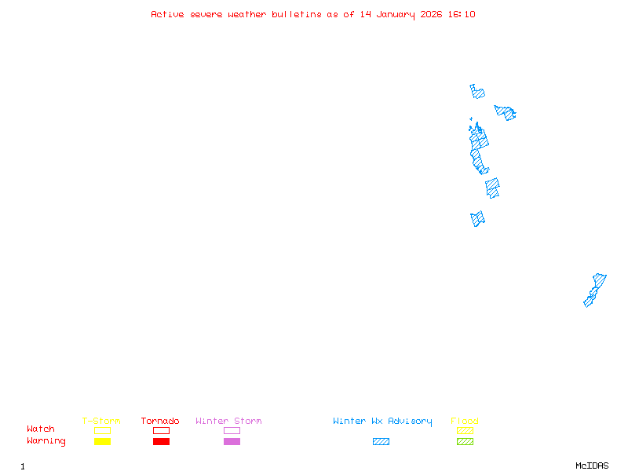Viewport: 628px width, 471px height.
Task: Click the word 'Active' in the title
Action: click(167, 14)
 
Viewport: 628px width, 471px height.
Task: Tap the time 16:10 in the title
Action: click(462, 14)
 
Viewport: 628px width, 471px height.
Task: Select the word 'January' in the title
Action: click(396, 15)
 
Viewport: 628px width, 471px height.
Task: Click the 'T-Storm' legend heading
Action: click(101, 421)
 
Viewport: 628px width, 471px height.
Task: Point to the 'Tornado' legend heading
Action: click(160, 421)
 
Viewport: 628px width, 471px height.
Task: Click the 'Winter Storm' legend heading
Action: click(228, 421)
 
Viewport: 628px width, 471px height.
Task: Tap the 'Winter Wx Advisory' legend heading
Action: click(382, 422)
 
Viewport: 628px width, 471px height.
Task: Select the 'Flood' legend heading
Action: click(465, 421)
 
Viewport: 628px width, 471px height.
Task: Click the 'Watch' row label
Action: click(41, 429)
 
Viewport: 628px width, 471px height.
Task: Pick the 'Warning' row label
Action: click(46, 441)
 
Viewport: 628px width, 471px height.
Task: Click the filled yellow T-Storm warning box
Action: click(103, 441)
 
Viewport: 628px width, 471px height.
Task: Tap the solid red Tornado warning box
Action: click(162, 441)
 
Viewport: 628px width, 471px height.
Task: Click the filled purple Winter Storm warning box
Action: click(232, 441)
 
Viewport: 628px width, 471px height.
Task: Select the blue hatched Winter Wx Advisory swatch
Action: click(381, 441)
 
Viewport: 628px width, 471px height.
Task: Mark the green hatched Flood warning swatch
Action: click(465, 441)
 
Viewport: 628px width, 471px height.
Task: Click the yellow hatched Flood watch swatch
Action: click(465, 430)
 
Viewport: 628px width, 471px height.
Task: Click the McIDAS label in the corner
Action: click(592, 466)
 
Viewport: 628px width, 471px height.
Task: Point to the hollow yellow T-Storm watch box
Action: click(103, 427)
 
